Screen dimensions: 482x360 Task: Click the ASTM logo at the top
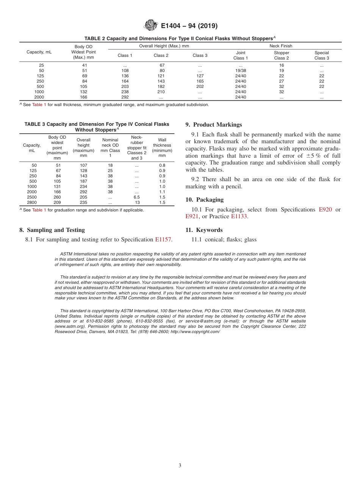[x=151, y=26]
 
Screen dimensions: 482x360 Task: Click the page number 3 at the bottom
[x=180, y=465]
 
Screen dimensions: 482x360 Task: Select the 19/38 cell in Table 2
[x=241, y=70]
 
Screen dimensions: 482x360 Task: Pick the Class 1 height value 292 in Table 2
[x=125, y=97]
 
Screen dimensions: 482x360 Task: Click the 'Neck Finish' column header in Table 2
[x=281, y=46]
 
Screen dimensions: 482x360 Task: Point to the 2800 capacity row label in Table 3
[x=32, y=202]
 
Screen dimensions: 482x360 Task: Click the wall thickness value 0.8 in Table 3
[x=162, y=165]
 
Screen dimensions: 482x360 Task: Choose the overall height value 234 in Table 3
[x=83, y=186]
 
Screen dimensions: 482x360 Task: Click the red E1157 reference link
[x=163, y=239]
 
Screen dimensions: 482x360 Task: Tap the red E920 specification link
[x=325, y=210]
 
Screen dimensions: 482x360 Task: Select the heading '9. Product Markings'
[x=213, y=125]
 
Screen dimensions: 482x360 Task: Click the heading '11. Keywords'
[x=204, y=230]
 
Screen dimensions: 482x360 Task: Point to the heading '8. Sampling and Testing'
[x=52, y=230]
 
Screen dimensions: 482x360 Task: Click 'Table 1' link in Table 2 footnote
[x=39, y=105]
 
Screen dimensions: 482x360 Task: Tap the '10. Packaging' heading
[x=204, y=200]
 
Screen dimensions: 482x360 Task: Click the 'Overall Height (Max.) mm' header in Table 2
[x=164, y=46]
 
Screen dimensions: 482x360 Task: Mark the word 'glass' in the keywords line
[x=250, y=239]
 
